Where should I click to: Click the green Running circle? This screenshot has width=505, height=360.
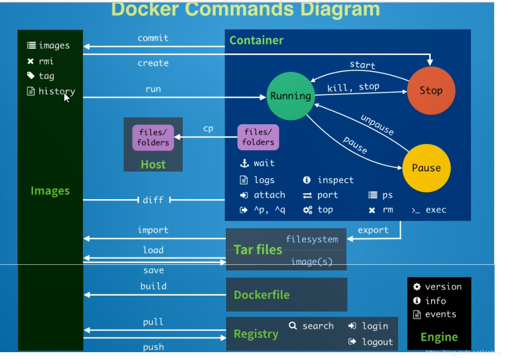coord(291,96)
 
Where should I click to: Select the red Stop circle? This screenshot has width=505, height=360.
coord(431,90)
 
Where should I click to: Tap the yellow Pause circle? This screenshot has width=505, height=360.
coord(426,168)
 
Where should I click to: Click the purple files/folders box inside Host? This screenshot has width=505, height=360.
coord(153,137)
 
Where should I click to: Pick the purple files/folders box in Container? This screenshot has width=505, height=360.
coord(258,137)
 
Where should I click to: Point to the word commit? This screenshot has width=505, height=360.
coord(153,38)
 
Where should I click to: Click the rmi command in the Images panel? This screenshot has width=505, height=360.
coord(46,61)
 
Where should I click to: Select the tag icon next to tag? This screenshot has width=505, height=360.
coord(31,76)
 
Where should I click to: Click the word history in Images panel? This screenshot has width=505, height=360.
coord(56,91)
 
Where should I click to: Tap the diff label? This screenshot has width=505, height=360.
coord(153,200)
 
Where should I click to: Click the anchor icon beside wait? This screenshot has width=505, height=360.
coord(244,163)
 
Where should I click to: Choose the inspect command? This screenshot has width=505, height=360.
coord(335,180)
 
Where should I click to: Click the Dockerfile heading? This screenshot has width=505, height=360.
coord(262,295)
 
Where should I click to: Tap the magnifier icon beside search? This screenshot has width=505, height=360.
coord(292,326)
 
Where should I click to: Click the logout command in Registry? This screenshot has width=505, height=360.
coord(377,342)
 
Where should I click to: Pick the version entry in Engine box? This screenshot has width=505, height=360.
coord(443,287)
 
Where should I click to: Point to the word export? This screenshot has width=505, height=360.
coord(373,230)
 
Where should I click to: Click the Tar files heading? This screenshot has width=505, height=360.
coord(258,250)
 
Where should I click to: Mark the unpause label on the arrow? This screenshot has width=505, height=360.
coord(377,125)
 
